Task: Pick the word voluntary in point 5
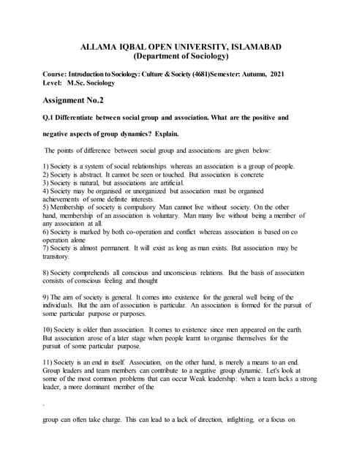[188, 216]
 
